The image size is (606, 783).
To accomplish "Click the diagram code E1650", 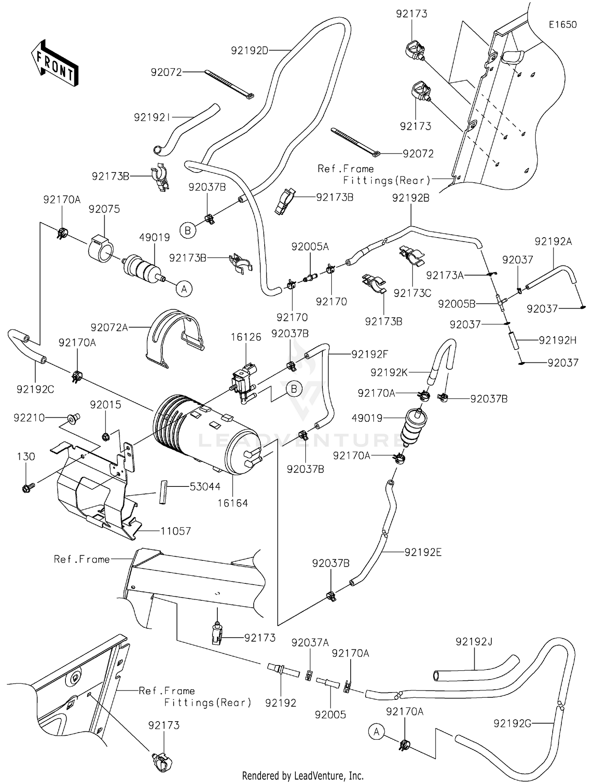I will coord(562,25).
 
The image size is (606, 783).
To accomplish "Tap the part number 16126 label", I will coord(246,337).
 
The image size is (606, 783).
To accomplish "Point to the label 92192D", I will coord(250,51).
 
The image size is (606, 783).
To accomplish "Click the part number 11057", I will coord(175,531).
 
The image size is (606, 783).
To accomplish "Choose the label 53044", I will coord(205,486).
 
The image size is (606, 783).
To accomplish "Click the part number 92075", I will coord(104,209).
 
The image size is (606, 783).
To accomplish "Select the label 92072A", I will coord(109,327).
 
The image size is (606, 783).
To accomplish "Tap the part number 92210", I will coord(29,418).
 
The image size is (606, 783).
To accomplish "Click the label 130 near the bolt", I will coord(26,457).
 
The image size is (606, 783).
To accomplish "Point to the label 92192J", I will coord(474,642).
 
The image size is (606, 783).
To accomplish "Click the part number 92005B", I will coord(457,304).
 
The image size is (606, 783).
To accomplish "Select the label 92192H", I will coord(558,340).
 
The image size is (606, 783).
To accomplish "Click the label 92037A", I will coord(310,642).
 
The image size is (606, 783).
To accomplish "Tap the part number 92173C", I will coord(412,293).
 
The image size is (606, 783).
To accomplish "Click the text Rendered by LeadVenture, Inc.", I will coord(303,775).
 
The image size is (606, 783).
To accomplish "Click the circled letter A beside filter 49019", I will coord(184,289).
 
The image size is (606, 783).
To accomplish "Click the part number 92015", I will coord(105,404).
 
